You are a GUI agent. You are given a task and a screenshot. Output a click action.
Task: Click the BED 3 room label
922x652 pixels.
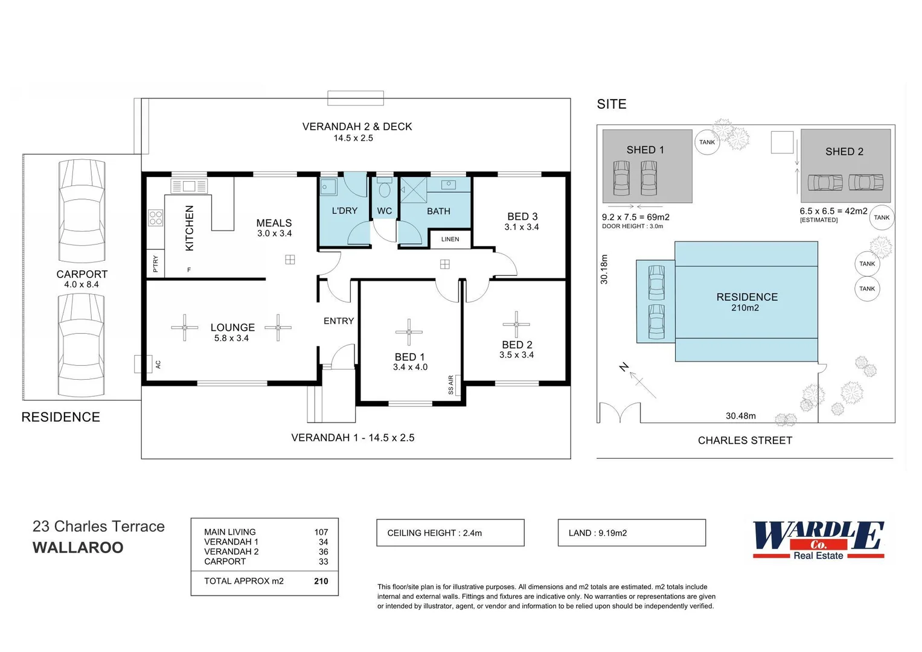[x=522, y=217]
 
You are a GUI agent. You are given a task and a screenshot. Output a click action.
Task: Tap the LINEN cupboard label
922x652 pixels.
[x=450, y=240]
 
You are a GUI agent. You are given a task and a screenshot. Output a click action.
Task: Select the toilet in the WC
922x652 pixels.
[x=385, y=189]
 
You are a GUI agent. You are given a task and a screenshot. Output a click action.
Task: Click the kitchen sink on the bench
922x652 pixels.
[x=189, y=186]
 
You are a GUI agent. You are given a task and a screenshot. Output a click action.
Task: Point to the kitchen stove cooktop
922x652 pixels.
[x=156, y=218]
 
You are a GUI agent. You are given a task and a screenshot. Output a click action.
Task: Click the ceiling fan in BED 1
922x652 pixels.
[x=409, y=332]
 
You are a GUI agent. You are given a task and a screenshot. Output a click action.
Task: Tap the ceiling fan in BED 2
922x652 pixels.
[x=516, y=325]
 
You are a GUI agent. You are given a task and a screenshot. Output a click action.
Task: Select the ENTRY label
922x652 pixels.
[x=338, y=321]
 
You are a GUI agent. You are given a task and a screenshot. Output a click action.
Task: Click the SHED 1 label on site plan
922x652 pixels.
[x=645, y=150]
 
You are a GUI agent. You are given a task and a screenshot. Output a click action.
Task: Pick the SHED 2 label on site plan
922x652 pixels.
[x=844, y=152]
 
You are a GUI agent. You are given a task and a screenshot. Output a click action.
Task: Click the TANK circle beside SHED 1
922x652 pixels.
[x=706, y=143]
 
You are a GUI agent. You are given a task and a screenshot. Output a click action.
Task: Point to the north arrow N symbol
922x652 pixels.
[x=624, y=367]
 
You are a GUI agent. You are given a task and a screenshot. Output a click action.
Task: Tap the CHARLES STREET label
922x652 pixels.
[x=744, y=441]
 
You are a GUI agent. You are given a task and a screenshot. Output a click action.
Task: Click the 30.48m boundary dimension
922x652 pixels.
[x=740, y=416]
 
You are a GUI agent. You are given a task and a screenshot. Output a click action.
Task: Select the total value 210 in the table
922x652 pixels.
[x=321, y=581]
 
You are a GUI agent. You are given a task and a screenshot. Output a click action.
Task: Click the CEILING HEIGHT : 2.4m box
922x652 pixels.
[x=450, y=533]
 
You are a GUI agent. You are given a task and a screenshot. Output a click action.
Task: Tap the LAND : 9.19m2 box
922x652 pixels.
[x=631, y=533]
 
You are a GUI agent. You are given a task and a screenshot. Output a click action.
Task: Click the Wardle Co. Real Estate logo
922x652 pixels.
[x=818, y=540]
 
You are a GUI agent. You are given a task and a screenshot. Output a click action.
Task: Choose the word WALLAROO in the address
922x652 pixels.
[x=78, y=548]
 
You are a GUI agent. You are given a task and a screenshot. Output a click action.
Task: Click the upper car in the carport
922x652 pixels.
[x=82, y=211]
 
